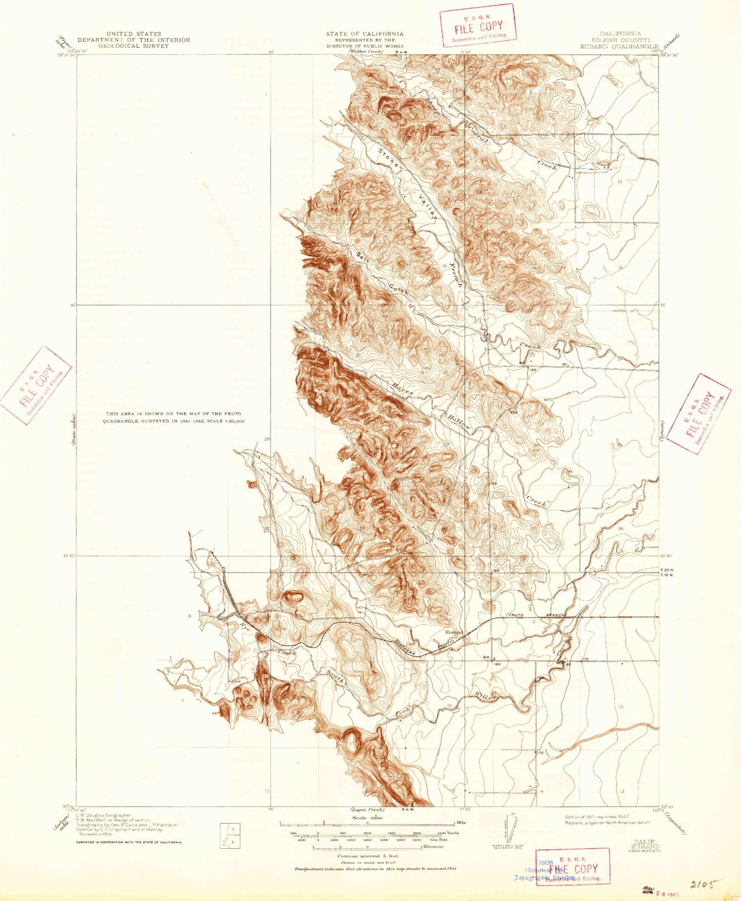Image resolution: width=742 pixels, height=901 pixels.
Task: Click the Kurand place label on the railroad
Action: (x=454, y=632)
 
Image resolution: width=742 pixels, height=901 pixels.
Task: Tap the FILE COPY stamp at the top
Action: (x=478, y=26)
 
